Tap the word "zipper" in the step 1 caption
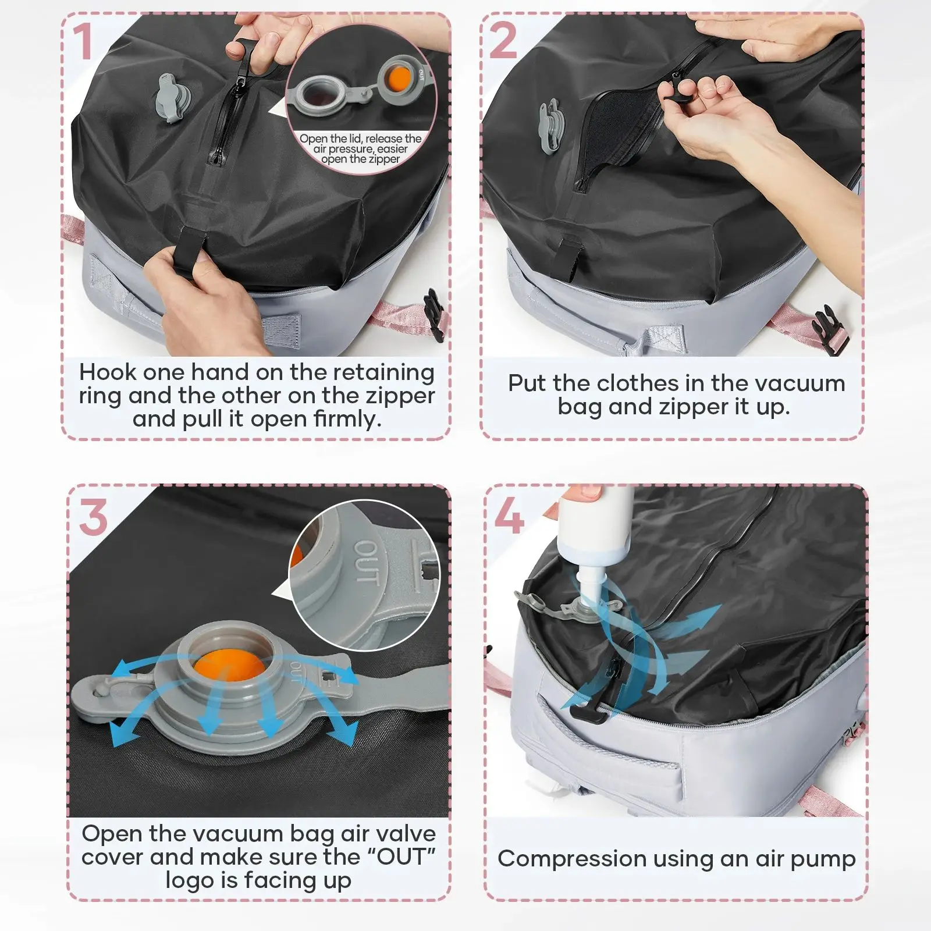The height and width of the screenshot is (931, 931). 400,396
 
